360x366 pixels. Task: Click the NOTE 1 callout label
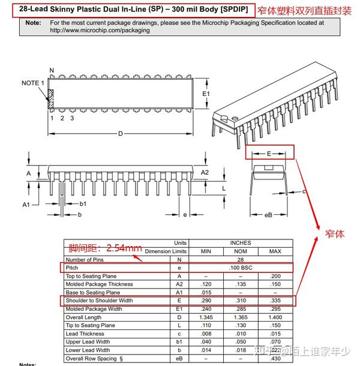pyautogui.click(x=33, y=83)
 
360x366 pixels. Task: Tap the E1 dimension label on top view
pyautogui.click(x=206, y=94)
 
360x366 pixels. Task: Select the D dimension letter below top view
pyautogui.click(x=120, y=133)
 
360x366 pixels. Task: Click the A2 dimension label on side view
pyautogui.click(x=205, y=173)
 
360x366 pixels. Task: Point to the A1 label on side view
pyautogui.click(x=26, y=205)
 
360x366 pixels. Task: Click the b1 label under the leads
pyautogui.click(x=83, y=204)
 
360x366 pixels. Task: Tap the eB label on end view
pyautogui.click(x=268, y=214)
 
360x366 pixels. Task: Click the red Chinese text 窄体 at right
pyautogui.click(x=335, y=234)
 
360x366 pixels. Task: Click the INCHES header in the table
pyautogui.click(x=240, y=243)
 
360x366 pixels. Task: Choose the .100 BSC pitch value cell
pyautogui.click(x=240, y=268)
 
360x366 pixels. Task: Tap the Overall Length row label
pyautogui.click(x=85, y=317)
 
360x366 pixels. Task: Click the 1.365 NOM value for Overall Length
pyautogui.click(x=240, y=317)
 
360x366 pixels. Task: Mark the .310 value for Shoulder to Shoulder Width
pyautogui.click(x=240, y=301)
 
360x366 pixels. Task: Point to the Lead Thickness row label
pyautogui.click(x=85, y=334)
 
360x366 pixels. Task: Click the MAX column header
pyautogui.click(x=275, y=251)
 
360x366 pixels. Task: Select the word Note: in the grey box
pyautogui.click(x=34, y=23)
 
